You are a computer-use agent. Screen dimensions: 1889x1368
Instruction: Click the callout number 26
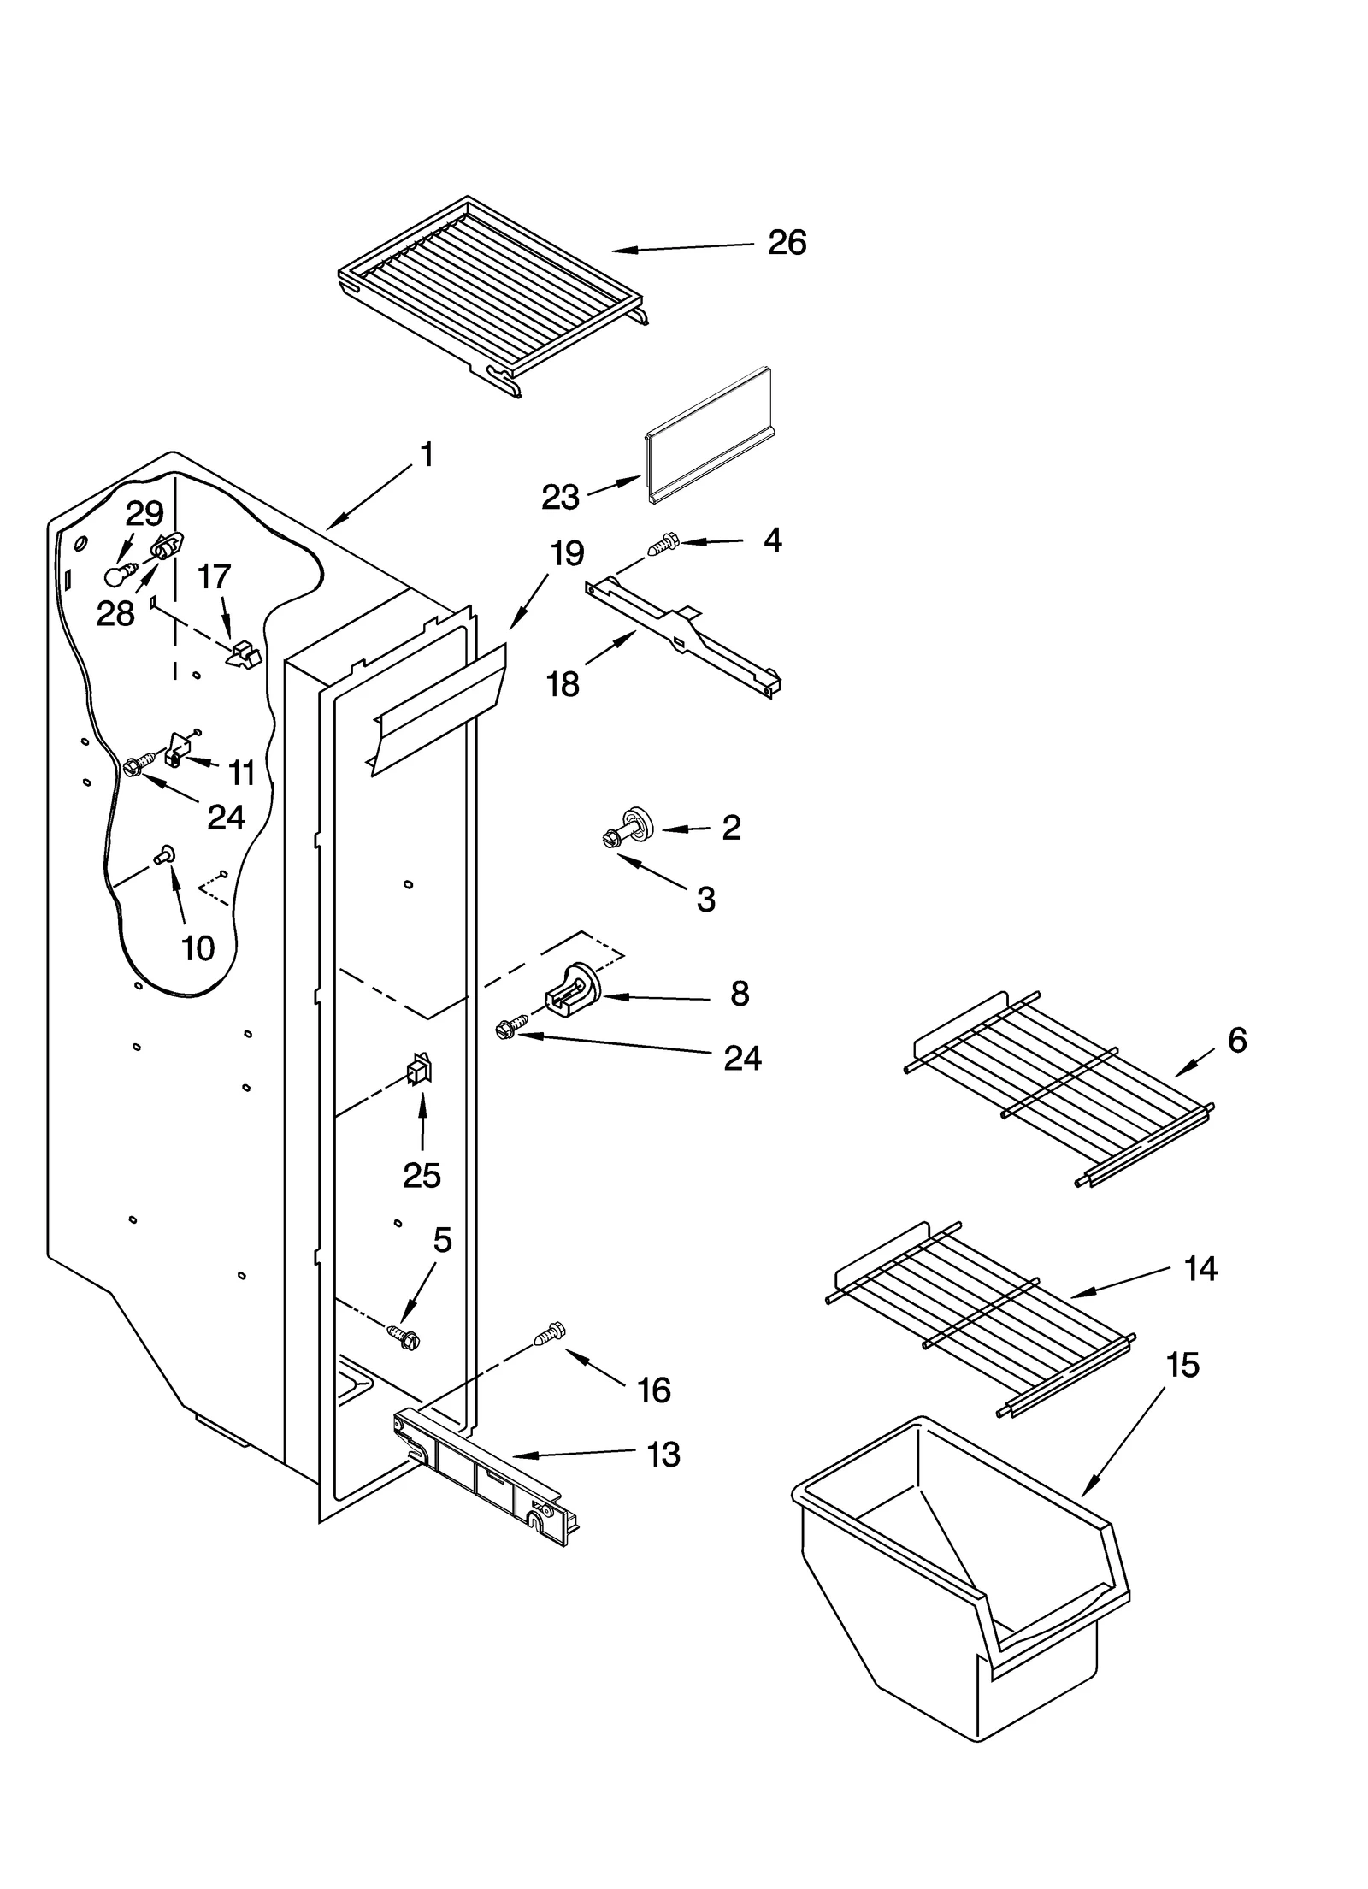[786, 243]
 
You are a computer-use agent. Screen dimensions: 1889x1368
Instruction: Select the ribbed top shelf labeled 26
[492, 292]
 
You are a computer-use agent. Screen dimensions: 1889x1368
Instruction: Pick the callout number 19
[567, 553]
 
